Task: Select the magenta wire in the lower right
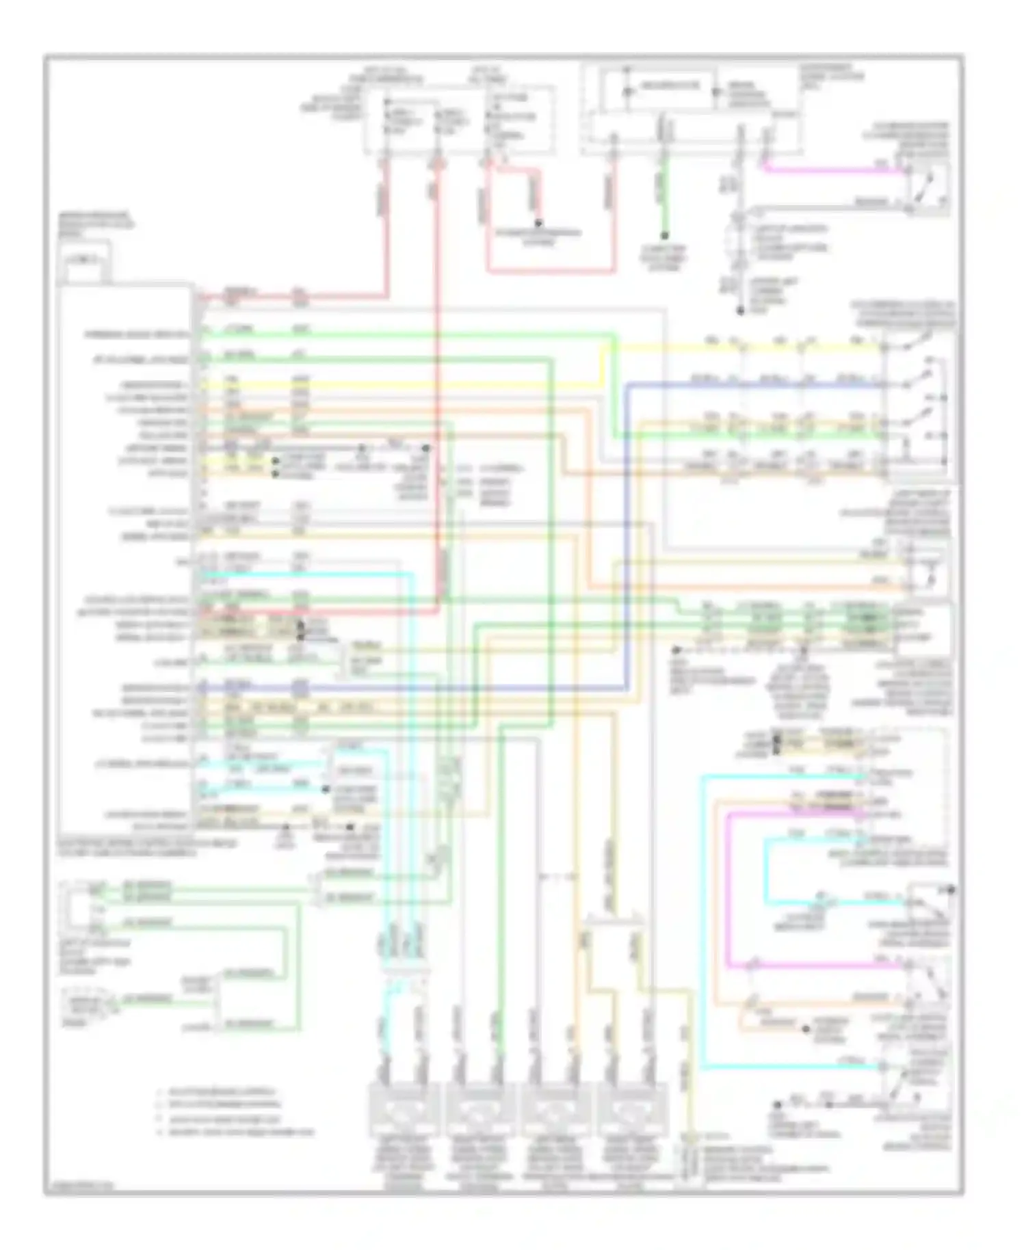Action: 728,889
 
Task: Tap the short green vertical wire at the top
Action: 663,198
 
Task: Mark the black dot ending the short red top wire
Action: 538,223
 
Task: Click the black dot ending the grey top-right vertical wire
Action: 740,311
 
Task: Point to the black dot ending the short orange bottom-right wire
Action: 806,1028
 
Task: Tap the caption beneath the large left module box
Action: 147,849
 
